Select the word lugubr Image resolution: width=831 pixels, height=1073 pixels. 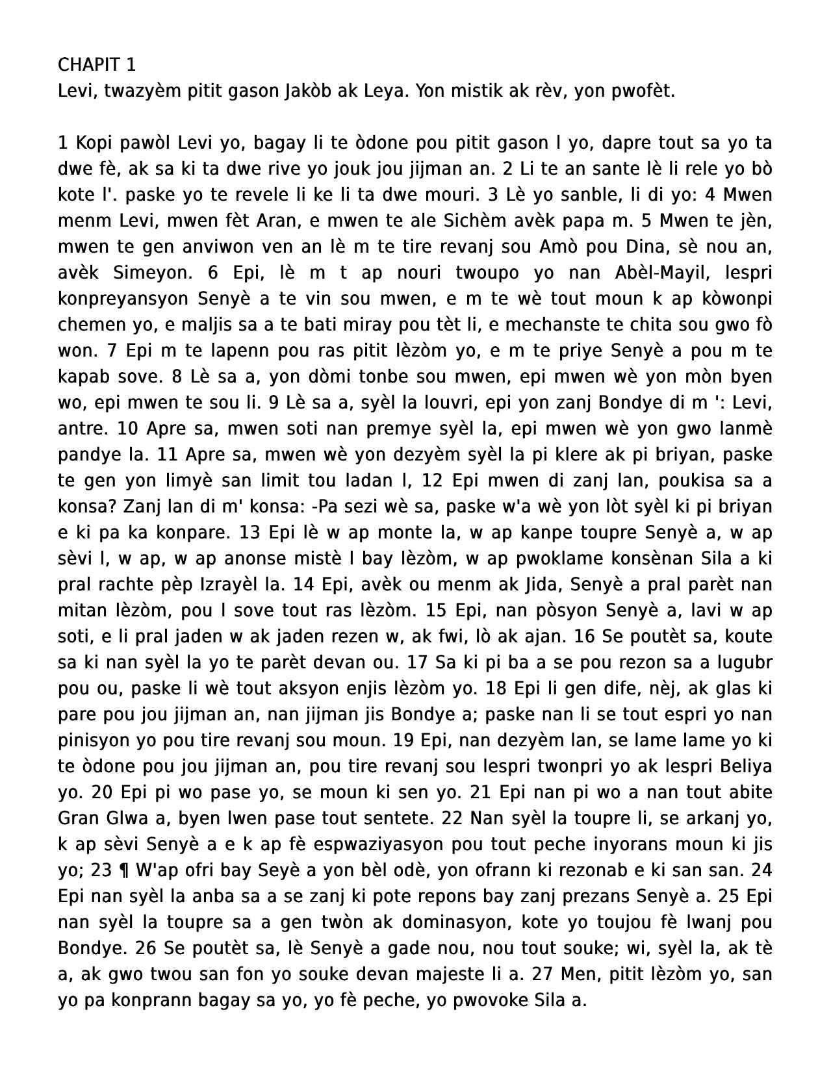(x=745, y=663)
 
